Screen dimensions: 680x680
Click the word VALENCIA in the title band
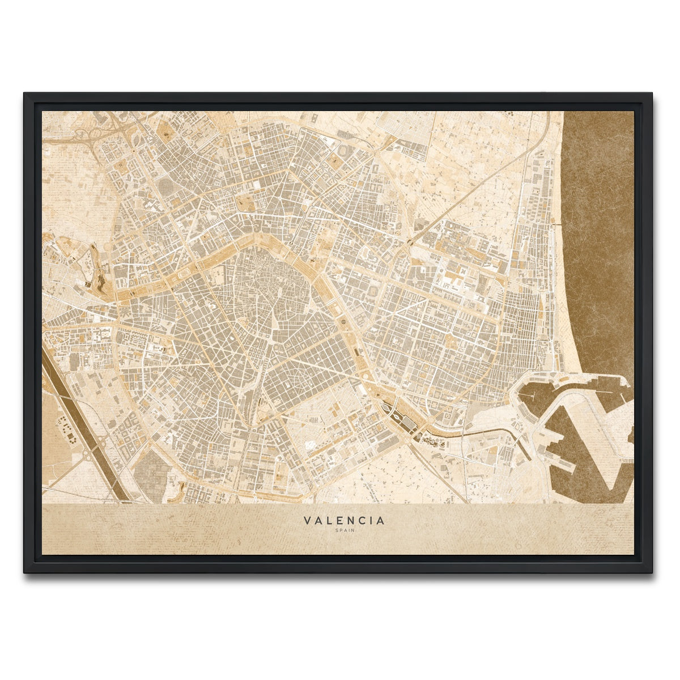tap(343, 520)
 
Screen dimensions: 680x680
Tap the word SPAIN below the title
tap(343, 531)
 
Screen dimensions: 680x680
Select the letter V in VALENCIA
tap(307, 520)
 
